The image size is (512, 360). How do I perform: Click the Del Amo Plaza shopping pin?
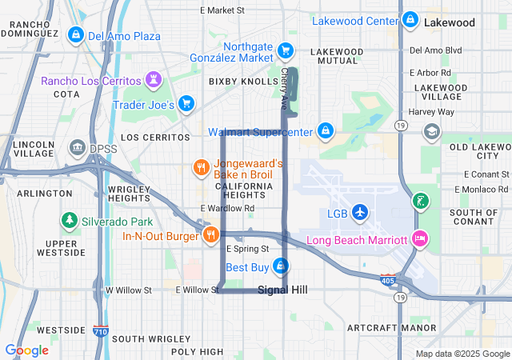75,35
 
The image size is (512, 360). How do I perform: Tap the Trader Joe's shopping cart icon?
186,103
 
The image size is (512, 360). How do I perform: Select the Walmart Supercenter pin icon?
326,130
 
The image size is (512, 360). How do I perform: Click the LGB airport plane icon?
360,213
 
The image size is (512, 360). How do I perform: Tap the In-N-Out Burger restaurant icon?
210,235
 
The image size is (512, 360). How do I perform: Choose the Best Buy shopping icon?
280,266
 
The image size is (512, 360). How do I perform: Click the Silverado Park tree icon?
70,220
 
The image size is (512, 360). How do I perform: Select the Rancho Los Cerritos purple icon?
153,79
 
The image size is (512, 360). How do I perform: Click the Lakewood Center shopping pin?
410,19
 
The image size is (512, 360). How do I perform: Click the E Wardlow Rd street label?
227,208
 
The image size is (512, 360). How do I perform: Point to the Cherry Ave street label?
285,89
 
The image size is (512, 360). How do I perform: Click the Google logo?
26,350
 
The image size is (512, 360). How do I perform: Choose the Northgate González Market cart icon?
285,51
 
